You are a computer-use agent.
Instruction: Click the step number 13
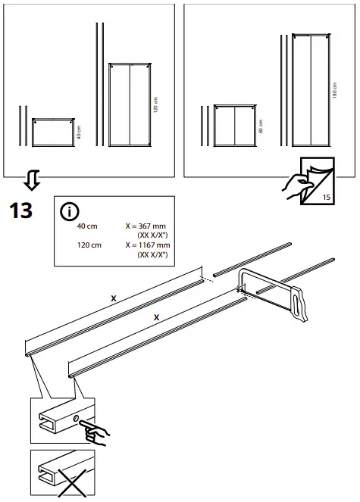point(20,210)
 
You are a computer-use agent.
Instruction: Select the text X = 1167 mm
point(149,245)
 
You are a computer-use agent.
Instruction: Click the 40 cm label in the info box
point(88,226)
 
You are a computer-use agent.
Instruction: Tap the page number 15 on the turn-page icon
point(327,198)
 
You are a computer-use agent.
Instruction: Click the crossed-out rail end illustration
point(63,474)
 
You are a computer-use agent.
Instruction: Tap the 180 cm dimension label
point(335,89)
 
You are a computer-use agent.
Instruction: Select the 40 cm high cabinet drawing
point(52,133)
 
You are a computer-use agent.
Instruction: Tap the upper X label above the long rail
point(114,298)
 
